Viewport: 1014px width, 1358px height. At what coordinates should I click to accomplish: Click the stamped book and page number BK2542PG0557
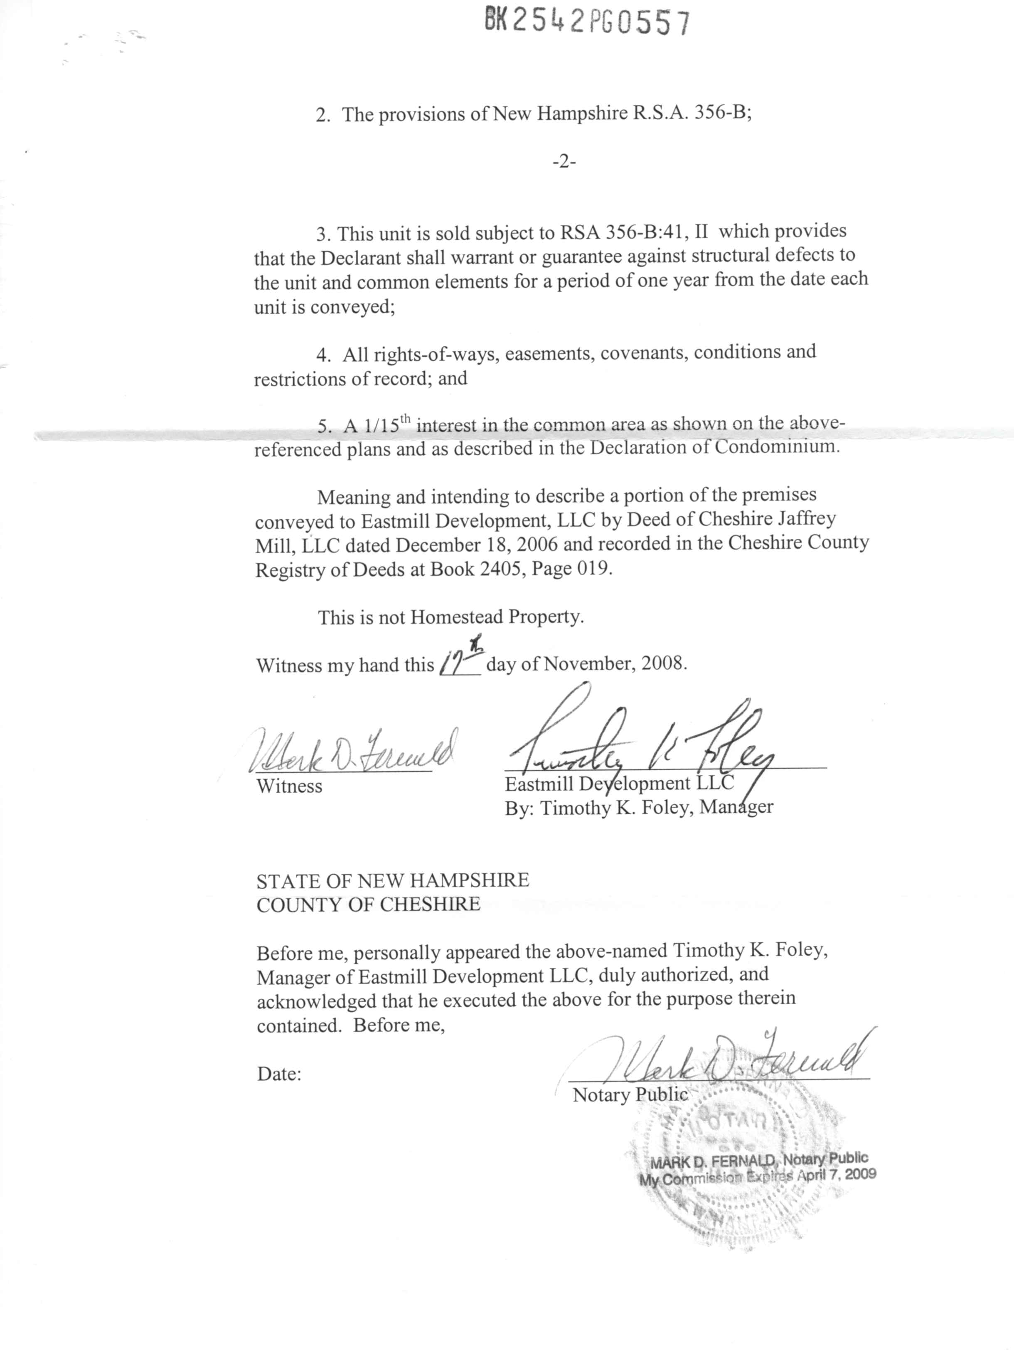(587, 23)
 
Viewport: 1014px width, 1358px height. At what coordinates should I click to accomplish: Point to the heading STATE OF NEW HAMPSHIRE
(392, 880)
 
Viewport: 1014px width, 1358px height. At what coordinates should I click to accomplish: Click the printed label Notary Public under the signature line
(630, 1094)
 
